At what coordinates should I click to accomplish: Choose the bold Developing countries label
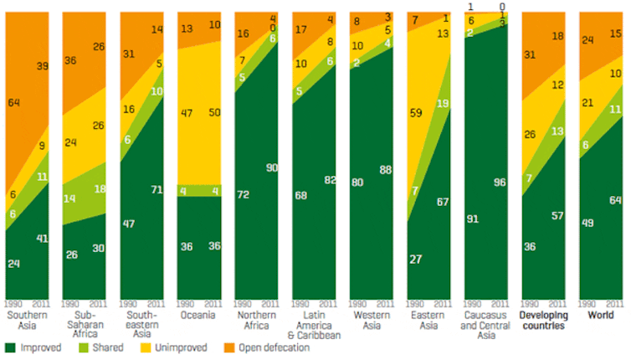542,321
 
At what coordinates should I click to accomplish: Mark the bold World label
600,316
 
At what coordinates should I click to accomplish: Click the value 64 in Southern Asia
14,102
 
